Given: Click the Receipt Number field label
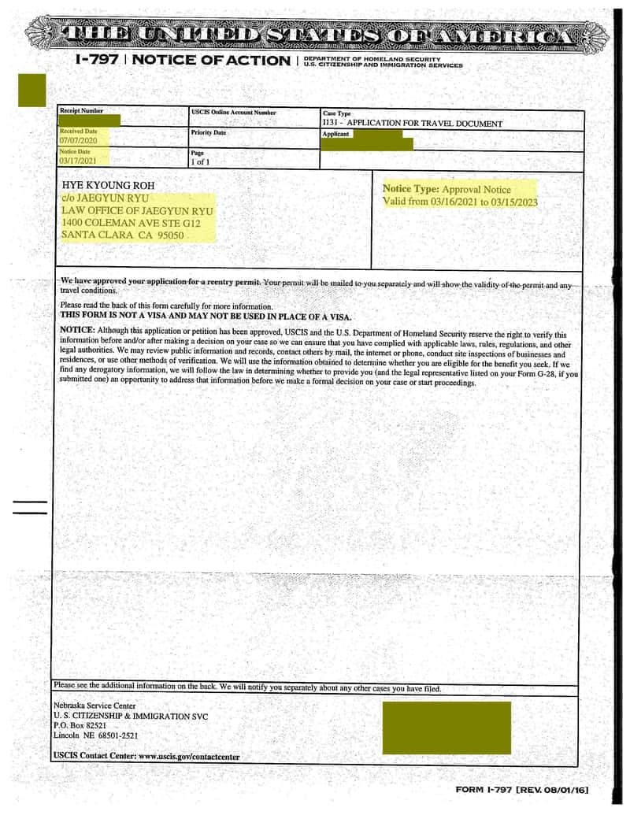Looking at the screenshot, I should pos(81,111).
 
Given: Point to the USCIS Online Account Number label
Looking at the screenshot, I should pos(234,113).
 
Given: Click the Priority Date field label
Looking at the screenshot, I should pos(208,132).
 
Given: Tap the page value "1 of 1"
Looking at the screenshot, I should pos(200,161).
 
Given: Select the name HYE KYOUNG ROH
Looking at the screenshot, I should pos(108,185).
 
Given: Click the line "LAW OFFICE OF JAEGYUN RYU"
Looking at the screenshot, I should pos(137,211).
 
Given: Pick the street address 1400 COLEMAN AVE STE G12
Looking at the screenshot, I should pos(130,223).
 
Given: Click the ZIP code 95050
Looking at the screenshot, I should pos(171,235).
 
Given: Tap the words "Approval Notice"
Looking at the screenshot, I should pos(476,189).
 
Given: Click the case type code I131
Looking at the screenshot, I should pos(329,124).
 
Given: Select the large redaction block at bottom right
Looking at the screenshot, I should pos(447,727).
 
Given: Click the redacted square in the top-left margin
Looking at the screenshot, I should pos(32,90).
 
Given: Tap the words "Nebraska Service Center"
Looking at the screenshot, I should pos(94,706).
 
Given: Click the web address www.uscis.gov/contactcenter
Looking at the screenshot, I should pos(189,756).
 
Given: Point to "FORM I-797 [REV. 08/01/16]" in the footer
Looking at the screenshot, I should pos(522,790).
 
